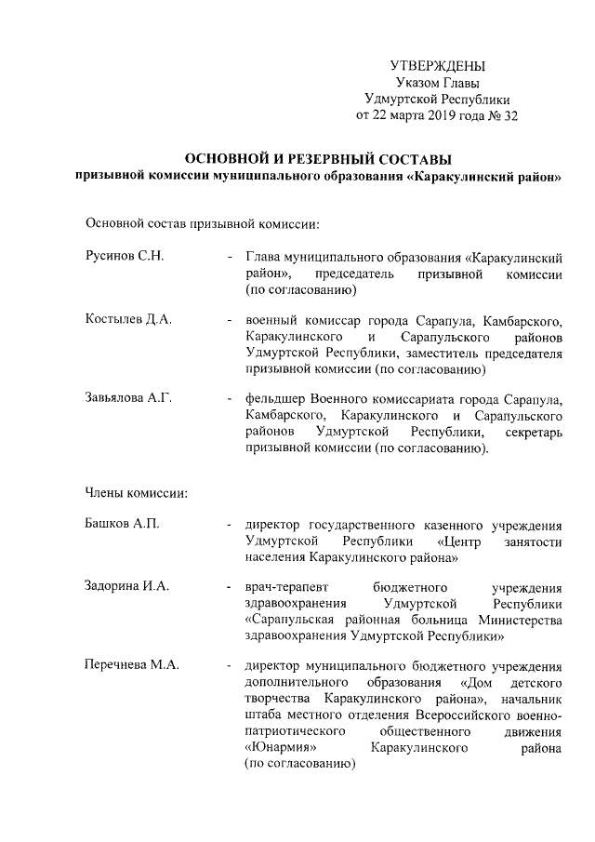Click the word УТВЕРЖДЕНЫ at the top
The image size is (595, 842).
click(438, 66)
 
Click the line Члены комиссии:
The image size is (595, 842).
click(138, 492)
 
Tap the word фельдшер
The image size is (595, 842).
click(277, 398)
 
